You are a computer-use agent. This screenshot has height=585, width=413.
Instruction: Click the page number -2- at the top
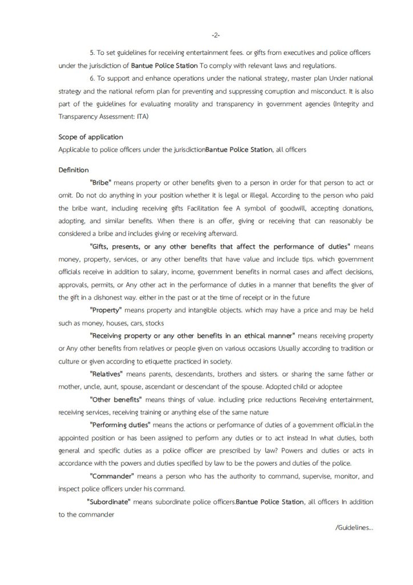216,35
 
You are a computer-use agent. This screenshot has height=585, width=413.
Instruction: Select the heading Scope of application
91,137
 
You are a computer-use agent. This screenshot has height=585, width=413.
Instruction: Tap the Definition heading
74,170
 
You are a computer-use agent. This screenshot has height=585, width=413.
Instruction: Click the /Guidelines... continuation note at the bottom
354,527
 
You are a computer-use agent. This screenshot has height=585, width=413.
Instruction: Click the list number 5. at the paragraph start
93,53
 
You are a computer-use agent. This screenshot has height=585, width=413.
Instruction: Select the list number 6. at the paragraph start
93,78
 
